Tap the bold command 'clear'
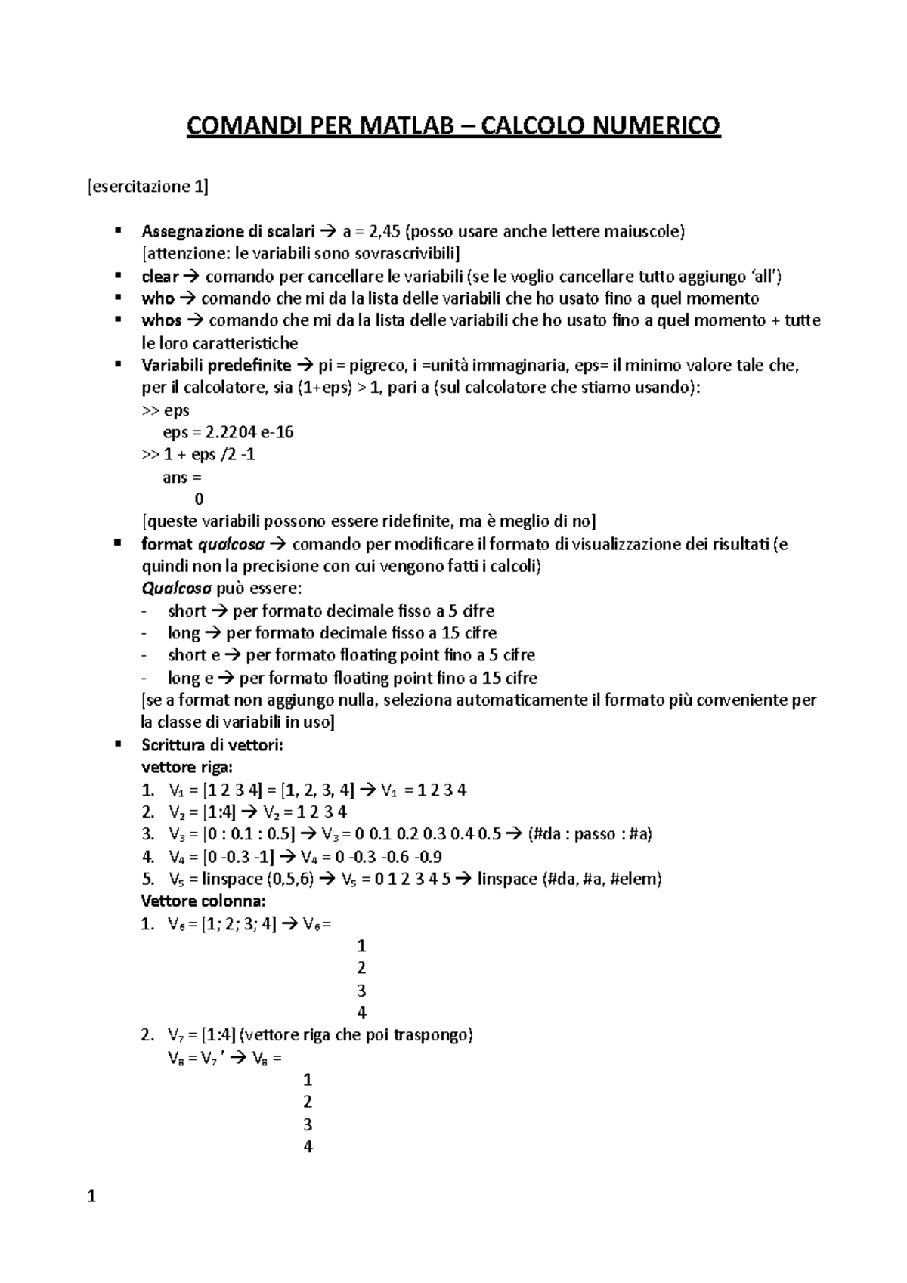pyautogui.click(x=159, y=276)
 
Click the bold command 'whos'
pyautogui.click(x=162, y=320)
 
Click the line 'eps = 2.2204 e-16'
pyautogui.click(x=228, y=432)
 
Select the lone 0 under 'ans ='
pyautogui.click(x=199, y=499)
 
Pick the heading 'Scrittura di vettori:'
pyautogui.click(x=212, y=745)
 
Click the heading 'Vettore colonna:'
pyautogui.click(x=203, y=901)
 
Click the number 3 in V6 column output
pyautogui.click(x=361, y=991)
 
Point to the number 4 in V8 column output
pyautogui.click(x=308, y=1146)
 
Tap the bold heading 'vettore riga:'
pyautogui.click(x=187, y=767)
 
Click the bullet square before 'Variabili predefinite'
pyautogui.click(x=117, y=365)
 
